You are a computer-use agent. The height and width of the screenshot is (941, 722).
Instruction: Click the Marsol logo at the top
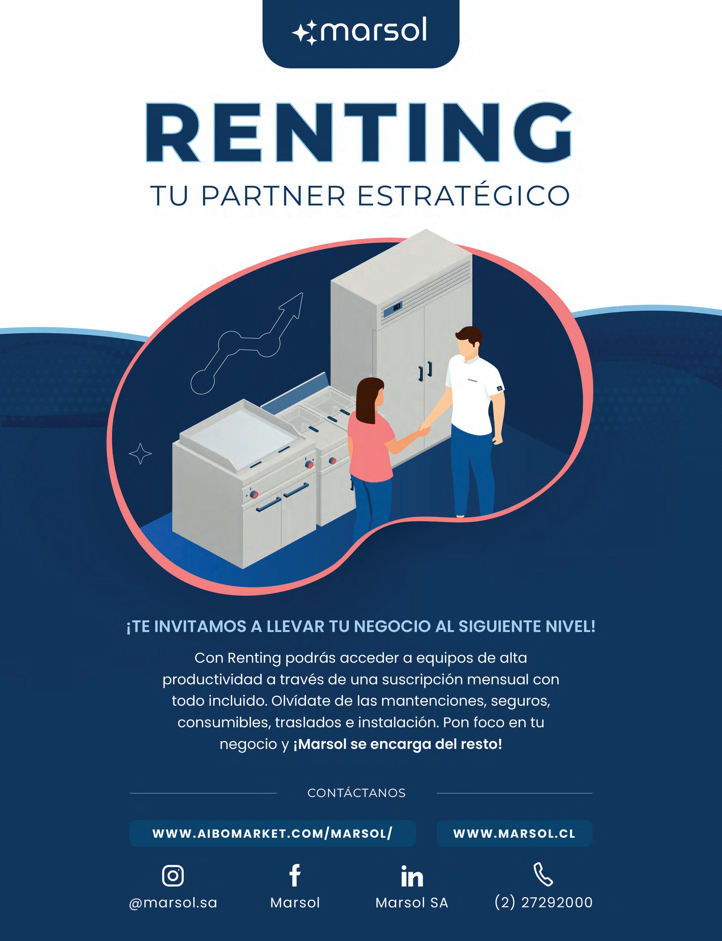coord(360,31)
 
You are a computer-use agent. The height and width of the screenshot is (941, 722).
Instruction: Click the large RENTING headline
coord(359,133)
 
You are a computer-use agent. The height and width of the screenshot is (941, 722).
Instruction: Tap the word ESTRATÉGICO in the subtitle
coord(463,196)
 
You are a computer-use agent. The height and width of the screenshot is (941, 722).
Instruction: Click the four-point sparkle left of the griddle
coord(140,453)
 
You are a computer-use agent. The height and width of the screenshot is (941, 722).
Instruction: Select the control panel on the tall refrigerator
coord(392,309)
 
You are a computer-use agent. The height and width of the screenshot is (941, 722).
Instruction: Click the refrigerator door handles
coord(425,371)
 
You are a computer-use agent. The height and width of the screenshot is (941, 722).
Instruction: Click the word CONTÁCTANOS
coord(356,793)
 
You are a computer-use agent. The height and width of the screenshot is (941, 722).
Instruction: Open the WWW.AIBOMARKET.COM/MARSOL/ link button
coord(272,833)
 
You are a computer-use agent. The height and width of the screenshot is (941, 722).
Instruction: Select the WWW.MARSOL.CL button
coord(514,833)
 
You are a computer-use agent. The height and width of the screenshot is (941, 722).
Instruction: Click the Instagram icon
coord(173,875)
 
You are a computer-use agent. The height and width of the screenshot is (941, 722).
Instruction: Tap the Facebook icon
coord(295,875)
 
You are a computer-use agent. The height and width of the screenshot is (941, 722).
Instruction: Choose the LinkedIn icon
coord(412,876)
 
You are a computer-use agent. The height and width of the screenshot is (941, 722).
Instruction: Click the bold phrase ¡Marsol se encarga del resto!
coord(398,744)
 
